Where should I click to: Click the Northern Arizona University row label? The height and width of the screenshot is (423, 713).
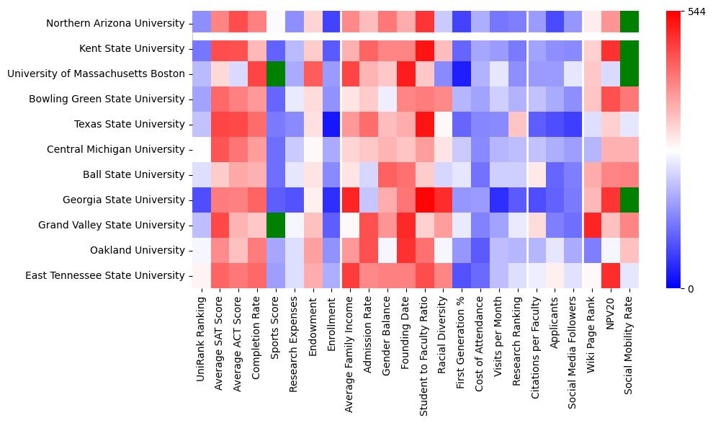point(115,23)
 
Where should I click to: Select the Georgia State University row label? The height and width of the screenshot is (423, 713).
point(120,200)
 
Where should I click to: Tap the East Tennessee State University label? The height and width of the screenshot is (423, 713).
point(105,275)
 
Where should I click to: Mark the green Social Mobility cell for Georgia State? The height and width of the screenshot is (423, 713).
point(629,200)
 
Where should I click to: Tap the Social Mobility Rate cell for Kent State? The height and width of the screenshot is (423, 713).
point(629,48)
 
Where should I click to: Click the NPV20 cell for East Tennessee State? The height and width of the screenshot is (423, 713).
point(611,275)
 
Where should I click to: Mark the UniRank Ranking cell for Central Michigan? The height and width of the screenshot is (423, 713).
point(202,149)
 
